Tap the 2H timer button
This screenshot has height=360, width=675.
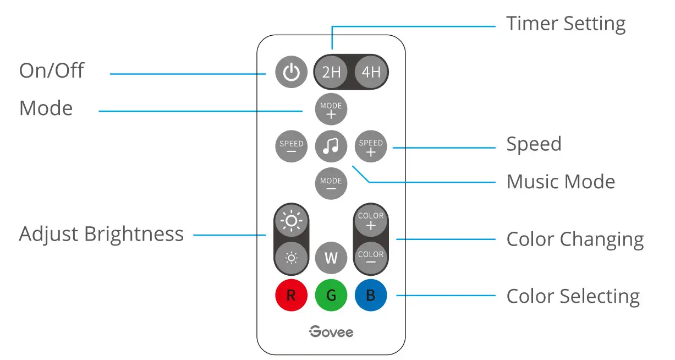click(x=331, y=72)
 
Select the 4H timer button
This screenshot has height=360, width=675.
click(x=371, y=72)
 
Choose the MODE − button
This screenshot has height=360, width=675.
click(x=331, y=183)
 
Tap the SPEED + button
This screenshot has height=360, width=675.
click(x=371, y=146)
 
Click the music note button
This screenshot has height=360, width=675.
click(x=331, y=146)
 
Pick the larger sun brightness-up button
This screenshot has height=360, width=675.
click(x=291, y=221)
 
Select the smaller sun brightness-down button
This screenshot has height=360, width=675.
click(x=291, y=258)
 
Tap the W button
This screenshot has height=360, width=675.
click(x=331, y=258)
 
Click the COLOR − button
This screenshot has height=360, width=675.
click(x=371, y=258)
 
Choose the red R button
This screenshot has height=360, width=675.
click(x=291, y=296)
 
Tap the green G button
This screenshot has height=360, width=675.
click(x=331, y=296)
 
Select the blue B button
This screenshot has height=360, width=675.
click(x=371, y=296)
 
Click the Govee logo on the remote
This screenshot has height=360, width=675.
click(x=331, y=331)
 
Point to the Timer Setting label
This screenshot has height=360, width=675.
click(x=566, y=24)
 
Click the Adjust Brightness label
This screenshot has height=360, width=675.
click(x=101, y=234)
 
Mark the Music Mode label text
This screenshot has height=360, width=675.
click(x=561, y=182)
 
